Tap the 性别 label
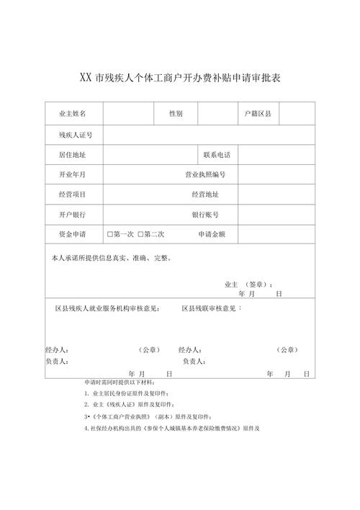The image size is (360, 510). tap(176, 114)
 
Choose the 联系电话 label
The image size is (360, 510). tap(217, 155)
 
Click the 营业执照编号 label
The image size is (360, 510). tap(205, 174)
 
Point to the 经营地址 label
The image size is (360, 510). tap(205, 194)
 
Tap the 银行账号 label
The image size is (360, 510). tap(205, 214)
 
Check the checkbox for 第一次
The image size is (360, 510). tap(110, 234)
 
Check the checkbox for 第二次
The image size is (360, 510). tap(141, 234)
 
